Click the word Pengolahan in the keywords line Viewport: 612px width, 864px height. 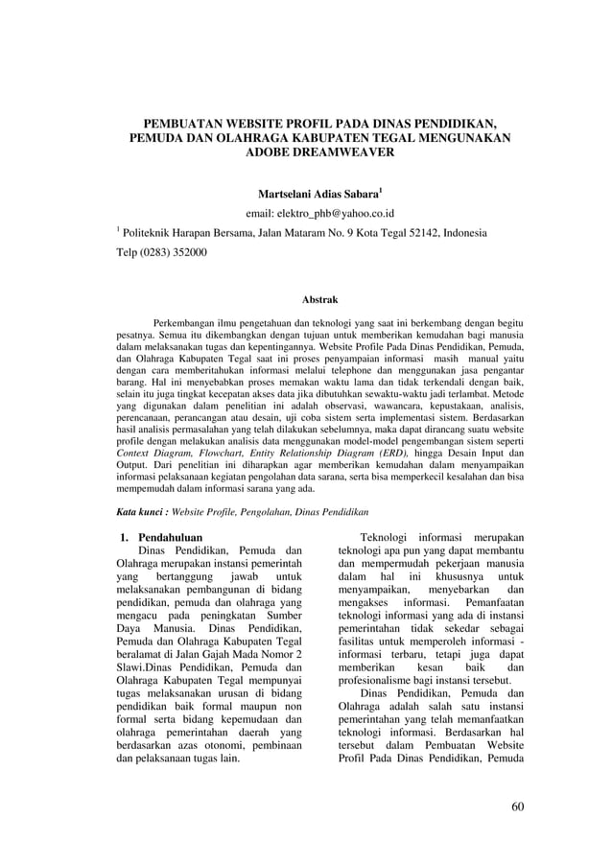point(260,513)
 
